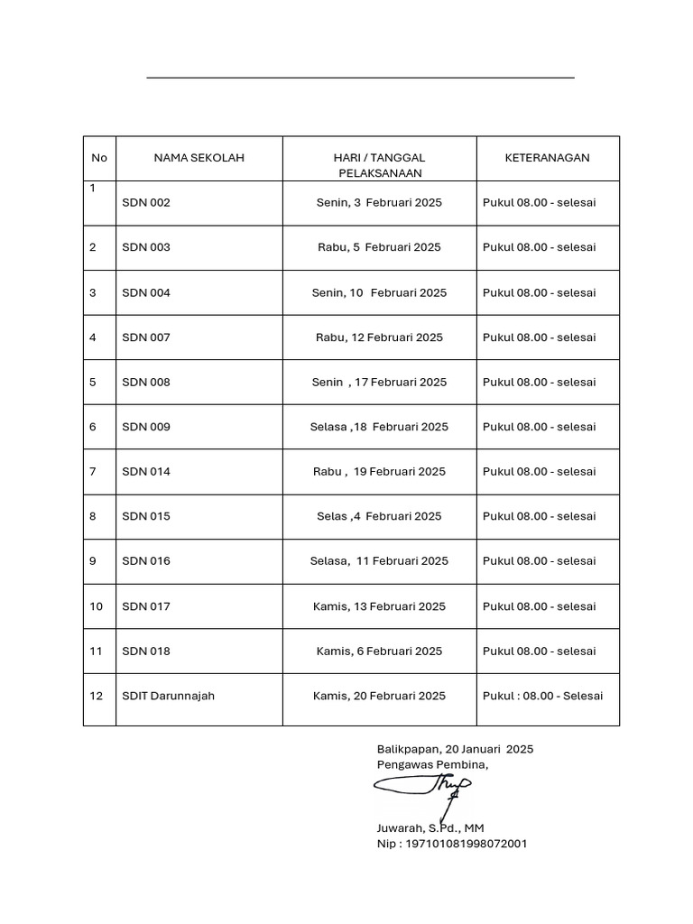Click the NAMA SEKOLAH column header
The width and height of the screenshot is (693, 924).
pos(199,158)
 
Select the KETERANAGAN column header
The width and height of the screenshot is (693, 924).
pos(547,158)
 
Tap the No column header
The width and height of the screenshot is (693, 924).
pos(99,158)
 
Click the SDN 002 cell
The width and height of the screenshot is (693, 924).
pos(146,203)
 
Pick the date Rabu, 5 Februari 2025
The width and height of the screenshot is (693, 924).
pos(379,247)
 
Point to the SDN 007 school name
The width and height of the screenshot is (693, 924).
pos(146,337)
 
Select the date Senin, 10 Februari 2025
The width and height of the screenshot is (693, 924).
pos(379,292)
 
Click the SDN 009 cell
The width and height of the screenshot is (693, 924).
pos(146,427)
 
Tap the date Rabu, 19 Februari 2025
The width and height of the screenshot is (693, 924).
pos(379,472)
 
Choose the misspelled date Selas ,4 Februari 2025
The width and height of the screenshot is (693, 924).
pos(379,516)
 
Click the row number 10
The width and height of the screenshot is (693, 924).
pos(97,606)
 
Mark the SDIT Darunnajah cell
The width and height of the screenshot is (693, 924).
pos(169,696)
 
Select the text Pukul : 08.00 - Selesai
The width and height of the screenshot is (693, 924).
pos(542,696)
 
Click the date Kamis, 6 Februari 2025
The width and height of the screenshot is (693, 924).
pos(379,651)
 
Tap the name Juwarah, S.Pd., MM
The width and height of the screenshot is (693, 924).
pos(430,827)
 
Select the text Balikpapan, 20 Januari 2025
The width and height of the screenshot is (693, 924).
pos(455,749)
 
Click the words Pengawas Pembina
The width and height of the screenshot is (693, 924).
pos(432,765)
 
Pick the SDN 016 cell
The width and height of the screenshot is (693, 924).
pos(146,561)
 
